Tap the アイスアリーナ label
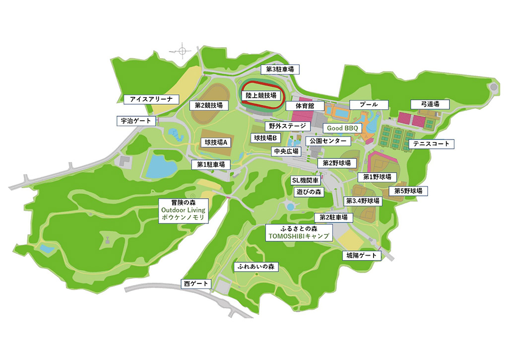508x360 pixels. pyautogui.click(x=151, y=99)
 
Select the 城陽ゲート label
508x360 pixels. pyautogui.click(x=362, y=256)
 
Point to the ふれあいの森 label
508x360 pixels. pyautogui.click(x=256, y=267)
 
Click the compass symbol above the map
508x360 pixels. pyautogui.click(x=182, y=50)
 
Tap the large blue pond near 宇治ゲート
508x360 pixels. pyautogui.click(x=160, y=166)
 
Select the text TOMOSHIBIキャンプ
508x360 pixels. pyautogui.click(x=298, y=236)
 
